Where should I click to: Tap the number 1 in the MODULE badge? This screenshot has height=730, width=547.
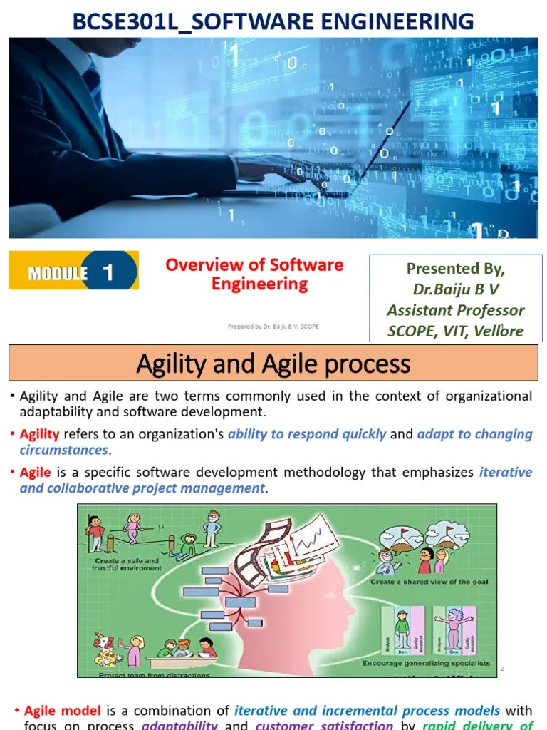tap(108, 272)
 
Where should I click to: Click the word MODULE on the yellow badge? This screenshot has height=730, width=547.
tap(58, 274)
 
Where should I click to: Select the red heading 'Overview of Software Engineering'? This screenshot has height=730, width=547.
tap(254, 274)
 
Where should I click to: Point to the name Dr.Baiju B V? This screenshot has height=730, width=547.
tap(455, 289)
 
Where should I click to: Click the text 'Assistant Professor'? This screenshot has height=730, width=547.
tap(455, 310)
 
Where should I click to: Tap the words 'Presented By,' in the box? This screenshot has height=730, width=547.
tap(455, 269)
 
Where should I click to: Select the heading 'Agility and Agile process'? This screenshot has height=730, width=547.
tap(273, 364)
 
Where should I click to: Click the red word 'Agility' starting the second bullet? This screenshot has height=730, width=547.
tap(39, 434)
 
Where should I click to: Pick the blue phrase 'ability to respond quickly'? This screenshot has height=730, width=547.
tap(307, 434)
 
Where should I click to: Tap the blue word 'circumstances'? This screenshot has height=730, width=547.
tap(63, 450)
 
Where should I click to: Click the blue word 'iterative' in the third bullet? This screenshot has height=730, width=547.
tap(506, 472)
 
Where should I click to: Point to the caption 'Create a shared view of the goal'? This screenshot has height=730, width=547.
tap(429, 582)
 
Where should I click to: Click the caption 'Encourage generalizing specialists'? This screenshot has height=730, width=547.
tap(426, 663)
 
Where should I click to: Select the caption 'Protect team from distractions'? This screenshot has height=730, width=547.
tap(154, 674)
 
